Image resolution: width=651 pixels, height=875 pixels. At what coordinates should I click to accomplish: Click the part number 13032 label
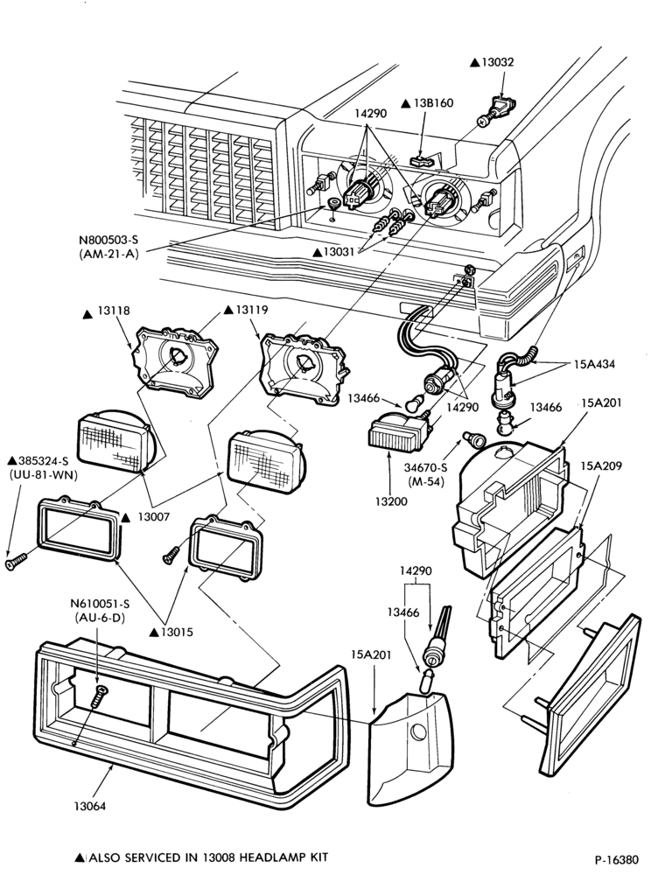498,62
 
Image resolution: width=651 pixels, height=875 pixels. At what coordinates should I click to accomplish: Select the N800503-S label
108,240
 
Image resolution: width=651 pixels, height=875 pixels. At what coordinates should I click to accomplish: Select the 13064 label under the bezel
89,806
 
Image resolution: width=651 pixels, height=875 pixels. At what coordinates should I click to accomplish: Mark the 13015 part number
177,633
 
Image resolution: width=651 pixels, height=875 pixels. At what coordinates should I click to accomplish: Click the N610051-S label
100,603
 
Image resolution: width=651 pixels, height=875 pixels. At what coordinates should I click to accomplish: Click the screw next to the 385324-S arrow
17,561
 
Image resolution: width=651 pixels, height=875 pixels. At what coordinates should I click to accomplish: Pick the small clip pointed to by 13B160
423,161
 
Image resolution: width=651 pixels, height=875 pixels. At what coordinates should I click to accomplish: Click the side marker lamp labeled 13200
398,429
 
